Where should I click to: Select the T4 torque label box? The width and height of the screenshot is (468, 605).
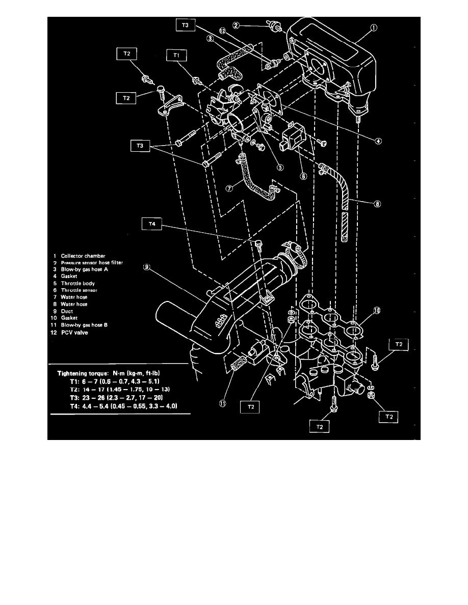151,224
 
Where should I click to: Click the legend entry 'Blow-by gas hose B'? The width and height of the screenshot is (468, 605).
84,324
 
